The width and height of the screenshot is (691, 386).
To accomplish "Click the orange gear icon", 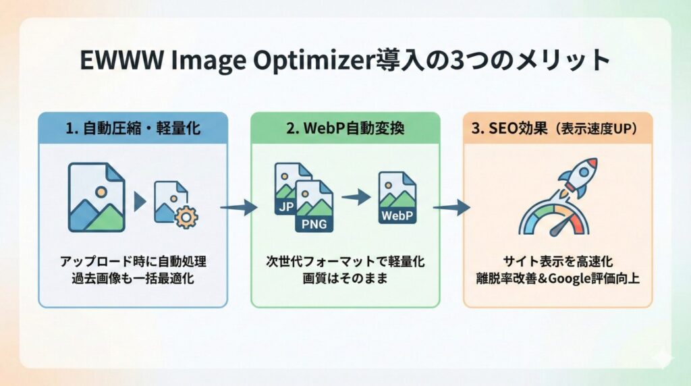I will click(185, 216).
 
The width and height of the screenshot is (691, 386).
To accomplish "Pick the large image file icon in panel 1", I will click(97, 197).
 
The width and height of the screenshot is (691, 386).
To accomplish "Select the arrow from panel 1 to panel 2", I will click(238, 208).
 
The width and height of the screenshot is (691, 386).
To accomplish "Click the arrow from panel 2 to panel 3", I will click(451, 208).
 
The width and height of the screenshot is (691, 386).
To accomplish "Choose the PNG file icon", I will click(314, 206).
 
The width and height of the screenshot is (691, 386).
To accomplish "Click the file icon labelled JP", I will click(287, 190).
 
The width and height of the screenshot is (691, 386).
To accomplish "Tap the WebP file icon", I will click(397, 198).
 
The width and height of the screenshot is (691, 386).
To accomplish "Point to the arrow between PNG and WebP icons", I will click(355, 197).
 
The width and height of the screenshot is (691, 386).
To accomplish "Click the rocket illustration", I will click(578, 175).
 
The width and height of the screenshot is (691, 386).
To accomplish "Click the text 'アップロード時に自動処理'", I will click(132, 261).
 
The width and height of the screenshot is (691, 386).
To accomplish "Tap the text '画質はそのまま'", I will click(345, 278).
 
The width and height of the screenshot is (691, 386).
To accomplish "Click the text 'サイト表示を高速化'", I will click(557, 261).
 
